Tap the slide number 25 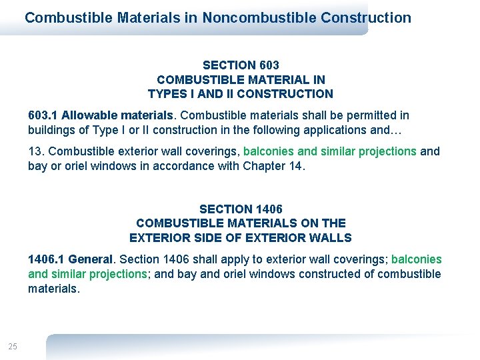(13, 346)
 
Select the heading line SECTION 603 (241, 65)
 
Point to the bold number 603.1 (43, 115)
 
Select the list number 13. (35, 151)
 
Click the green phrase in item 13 (330, 151)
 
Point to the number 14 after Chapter (295, 165)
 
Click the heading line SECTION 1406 (241, 209)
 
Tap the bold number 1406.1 (46, 259)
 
